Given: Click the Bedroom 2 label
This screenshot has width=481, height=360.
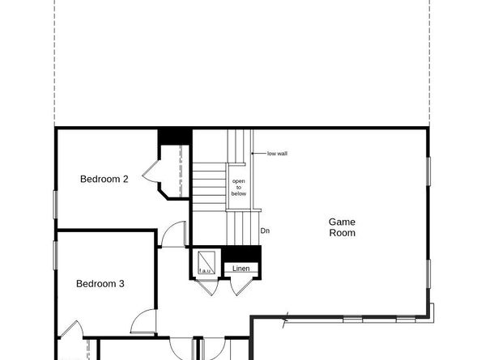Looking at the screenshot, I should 104,180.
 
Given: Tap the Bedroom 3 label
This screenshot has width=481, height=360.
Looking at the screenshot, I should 100,284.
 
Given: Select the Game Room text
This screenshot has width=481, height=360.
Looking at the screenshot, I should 342,227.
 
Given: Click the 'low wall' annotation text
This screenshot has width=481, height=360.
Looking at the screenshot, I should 277,153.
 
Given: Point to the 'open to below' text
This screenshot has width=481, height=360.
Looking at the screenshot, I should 239,188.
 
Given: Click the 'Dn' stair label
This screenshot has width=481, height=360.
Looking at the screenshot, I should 265,231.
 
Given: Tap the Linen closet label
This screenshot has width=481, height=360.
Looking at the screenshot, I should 241,268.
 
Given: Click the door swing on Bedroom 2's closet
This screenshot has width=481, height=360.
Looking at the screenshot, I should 151,171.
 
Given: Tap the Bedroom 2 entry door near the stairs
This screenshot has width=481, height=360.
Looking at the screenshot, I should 172,235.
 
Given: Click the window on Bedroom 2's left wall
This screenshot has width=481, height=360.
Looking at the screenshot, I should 56,203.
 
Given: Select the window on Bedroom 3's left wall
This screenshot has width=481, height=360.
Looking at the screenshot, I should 56,254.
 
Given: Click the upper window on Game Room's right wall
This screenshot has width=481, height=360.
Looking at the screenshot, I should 428,178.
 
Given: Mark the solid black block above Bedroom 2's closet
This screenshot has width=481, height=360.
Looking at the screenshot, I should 174,135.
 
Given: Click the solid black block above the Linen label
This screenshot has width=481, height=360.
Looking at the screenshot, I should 241,253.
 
